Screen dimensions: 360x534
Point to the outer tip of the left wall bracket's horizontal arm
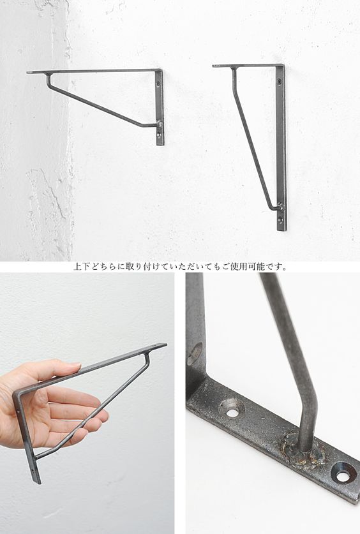click(x=27, y=72)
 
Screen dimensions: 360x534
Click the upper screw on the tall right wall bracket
click(x=280, y=81)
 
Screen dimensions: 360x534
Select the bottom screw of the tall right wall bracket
click(x=280, y=220)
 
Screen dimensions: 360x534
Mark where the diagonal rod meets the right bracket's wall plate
click(x=280, y=206)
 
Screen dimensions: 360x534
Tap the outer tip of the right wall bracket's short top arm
click(x=214, y=66)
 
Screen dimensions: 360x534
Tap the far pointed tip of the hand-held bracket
click(x=165, y=345)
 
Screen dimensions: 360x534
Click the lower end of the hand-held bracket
click(x=38, y=481)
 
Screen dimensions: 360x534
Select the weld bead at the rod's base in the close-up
click(x=302, y=449)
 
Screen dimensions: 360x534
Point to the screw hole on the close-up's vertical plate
click(x=194, y=354)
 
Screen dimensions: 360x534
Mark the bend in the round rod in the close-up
click(x=308, y=399)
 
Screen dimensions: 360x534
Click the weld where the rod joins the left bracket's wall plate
click(x=158, y=124)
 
